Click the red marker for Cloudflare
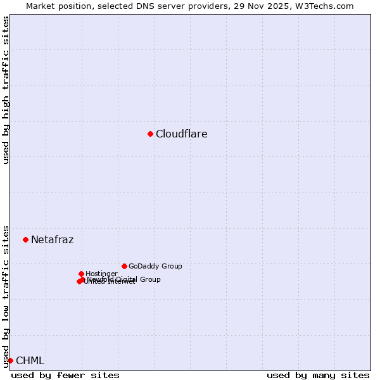(x=150, y=134)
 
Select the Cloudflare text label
(x=182, y=134)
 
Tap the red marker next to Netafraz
(x=25, y=239)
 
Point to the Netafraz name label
(x=53, y=239)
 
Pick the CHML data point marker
(x=10, y=360)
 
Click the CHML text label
(x=30, y=360)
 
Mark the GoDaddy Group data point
(x=124, y=266)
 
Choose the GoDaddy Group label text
(x=155, y=266)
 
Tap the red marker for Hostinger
(x=81, y=274)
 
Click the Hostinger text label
(x=101, y=274)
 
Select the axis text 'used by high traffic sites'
(x=6, y=90)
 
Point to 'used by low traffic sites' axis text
(x=6, y=296)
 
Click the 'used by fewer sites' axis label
(x=65, y=375)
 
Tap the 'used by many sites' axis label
(x=318, y=375)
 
